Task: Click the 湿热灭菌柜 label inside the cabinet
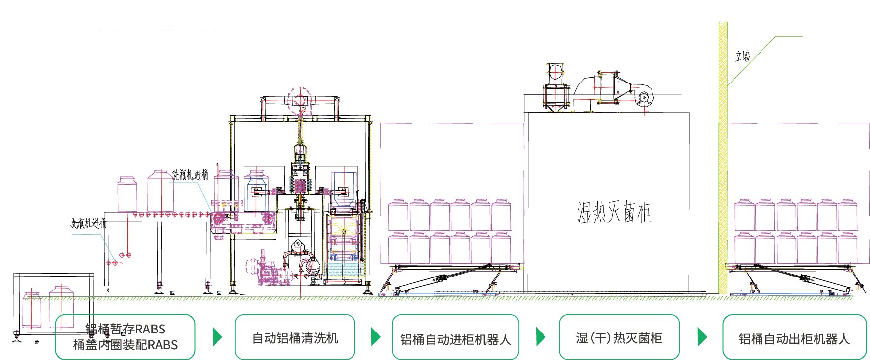614,213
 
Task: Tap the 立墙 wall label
742,56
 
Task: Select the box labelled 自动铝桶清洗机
295,337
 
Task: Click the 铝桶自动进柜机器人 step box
455,337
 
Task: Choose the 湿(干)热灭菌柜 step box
619,337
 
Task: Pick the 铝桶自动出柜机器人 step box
794,337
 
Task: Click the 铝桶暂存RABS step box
125,337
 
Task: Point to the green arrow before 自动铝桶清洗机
217,336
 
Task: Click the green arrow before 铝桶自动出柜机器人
702,336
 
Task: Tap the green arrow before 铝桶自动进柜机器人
375,336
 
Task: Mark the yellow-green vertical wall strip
723,157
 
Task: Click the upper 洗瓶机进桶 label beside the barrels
190,175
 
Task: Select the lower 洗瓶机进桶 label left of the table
88,223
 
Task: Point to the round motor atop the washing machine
299,100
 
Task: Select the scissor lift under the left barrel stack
449,279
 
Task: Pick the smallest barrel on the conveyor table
127,195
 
